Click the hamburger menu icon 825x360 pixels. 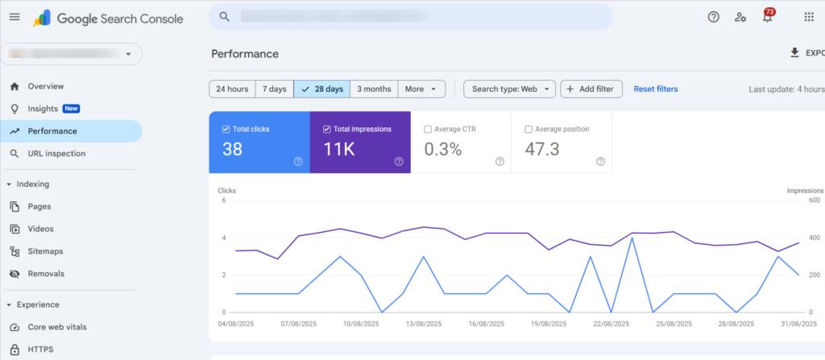coord(15,17)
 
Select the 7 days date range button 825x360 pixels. coord(275,89)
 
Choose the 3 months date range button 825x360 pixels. coord(374,89)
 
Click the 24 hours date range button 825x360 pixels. coord(232,89)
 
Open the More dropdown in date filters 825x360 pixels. coord(421,89)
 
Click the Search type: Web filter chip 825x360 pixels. coord(509,89)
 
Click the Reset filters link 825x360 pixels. coord(655,89)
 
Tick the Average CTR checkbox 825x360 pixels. coord(428,129)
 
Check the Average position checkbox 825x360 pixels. coord(529,129)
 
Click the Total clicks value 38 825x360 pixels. coord(233,149)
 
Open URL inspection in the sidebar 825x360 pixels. coord(56,153)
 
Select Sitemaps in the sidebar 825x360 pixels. coord(45,251)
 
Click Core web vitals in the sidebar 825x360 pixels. coord(57,327)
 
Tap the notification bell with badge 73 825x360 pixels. coord(767,17)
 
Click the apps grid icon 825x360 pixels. coord(809,17)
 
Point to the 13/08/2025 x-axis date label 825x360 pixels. coord(422,325)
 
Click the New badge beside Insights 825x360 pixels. coord(71,109)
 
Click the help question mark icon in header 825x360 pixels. coord(713,17)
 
